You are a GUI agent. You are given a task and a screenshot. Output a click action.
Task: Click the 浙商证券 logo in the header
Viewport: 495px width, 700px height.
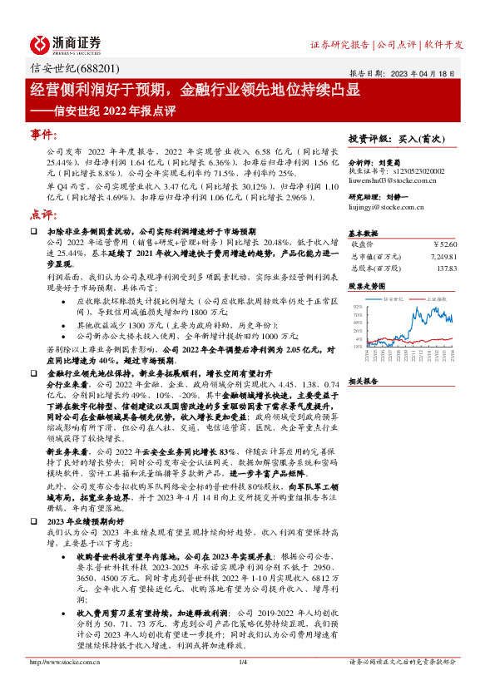click(66, 43)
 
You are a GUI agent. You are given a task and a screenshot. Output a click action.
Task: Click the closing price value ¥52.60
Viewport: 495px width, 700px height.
click(446, 245)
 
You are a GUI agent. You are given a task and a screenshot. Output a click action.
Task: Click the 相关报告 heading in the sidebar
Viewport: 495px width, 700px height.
click(364, 381)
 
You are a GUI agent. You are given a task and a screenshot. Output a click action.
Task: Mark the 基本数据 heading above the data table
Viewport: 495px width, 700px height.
click(364, 233)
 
